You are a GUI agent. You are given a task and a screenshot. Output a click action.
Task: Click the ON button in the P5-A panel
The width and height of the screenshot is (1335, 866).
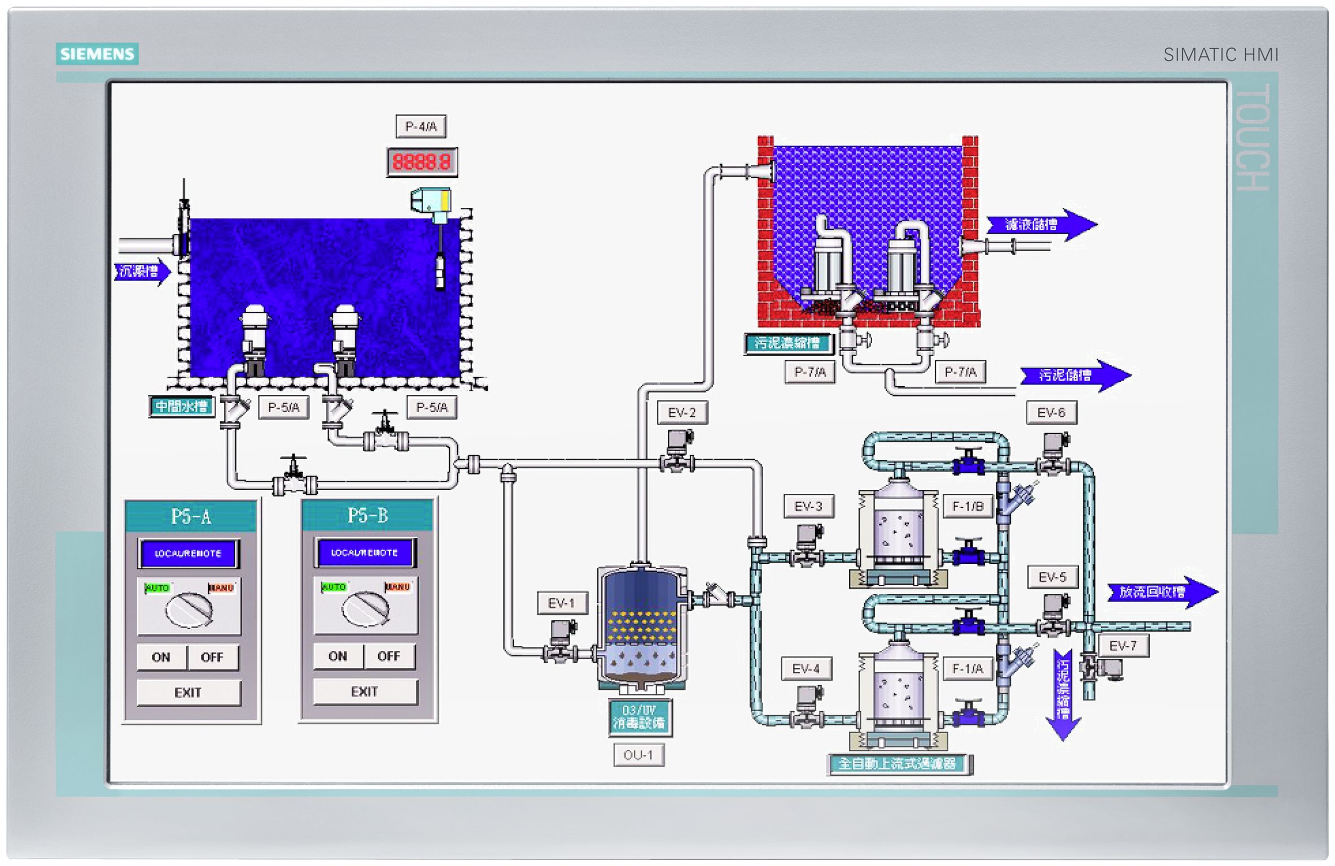pyautogui.click(x=161, y=657)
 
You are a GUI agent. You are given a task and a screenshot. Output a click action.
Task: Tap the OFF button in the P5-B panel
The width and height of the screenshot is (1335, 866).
pyautogui.click(x=388, y=656)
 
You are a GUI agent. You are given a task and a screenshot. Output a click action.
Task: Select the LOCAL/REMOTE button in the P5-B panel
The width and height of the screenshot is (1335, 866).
pyautogui.click(x=365, y=553)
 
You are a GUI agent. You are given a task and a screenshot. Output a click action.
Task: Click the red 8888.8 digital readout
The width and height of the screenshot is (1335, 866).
pyautogui.click(x=422, y=163)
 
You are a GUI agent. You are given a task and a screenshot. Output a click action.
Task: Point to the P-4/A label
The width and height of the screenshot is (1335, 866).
pyautogui.click(x=421, y=126)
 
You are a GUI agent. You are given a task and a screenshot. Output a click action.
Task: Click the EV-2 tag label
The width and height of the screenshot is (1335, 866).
pyautogui.click(x=682, y=413)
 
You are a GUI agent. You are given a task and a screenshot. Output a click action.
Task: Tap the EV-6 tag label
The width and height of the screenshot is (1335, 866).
pyautogui.click(x=1051, y=413)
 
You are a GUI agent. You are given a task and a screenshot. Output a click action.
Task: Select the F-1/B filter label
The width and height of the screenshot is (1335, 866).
pyautogui.click(x=968, y=506)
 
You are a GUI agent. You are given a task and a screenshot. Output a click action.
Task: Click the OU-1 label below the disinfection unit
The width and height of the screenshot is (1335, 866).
pyautogui.click(x=638, y=755)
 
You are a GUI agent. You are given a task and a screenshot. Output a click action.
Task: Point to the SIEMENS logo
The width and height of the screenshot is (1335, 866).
pyautogui.click(x=97, y=54)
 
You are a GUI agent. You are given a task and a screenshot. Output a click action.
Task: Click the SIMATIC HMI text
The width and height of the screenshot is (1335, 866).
pyautogui.click(x=1220, y=55)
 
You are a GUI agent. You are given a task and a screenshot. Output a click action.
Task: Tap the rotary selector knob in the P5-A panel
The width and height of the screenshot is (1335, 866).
pyautogui.click(x=189, y=610)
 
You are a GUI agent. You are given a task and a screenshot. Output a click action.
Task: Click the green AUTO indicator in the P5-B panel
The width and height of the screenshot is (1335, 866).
pyautogui.click(x=333, y=587)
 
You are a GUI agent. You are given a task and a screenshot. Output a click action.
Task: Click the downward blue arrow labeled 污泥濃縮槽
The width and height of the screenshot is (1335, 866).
pyautogui.click(x=1063, y=694)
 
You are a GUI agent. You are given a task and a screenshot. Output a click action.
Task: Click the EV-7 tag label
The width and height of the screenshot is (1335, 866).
pyautogui.click(x=1123, y=646)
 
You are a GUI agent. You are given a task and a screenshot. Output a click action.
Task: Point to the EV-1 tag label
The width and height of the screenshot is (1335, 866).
pyautogui.click(x=562, y=603)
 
